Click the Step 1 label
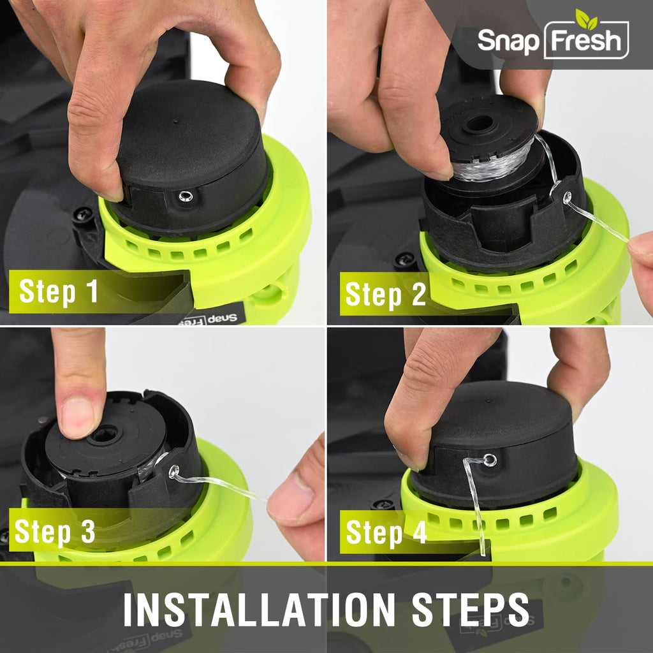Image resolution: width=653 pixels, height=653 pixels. (59, 291)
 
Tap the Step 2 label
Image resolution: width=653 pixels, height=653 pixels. (386, 294)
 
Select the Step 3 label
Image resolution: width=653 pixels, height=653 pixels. (55, 531)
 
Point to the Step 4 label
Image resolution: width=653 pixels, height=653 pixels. (386, 532)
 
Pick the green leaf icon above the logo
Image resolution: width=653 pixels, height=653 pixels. (587, 18)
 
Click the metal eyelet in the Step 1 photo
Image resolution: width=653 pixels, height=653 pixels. (186, 196)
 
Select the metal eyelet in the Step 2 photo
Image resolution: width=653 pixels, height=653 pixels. (567, 197)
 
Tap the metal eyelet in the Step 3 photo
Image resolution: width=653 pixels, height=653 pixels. (174, 471)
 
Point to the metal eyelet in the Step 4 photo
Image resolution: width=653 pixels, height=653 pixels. (490, 460)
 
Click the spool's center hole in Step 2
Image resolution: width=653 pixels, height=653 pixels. (479, 124)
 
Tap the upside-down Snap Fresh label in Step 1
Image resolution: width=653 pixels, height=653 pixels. (212, 319)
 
